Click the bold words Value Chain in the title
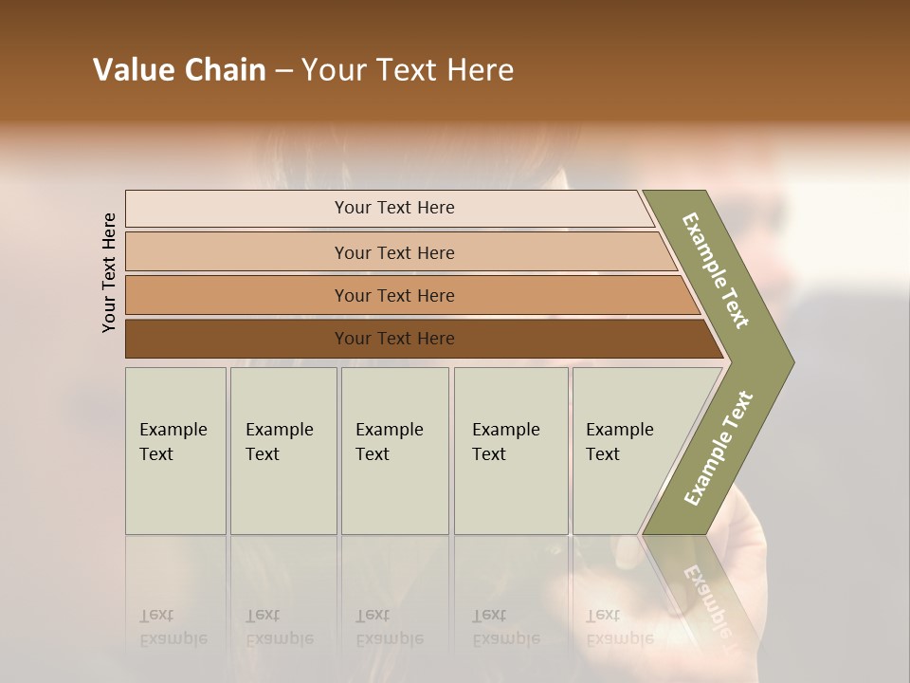coord(179,70)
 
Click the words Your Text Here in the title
coord(408,70)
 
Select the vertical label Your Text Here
coord(109,272)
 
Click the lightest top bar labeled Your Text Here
coord(393,208)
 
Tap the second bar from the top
coord(393,252)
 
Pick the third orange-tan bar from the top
coord(393,295)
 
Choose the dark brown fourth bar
coord(393,339)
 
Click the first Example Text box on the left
coord(175,451)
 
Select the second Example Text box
coord(282,451)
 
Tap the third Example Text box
coord(394,451)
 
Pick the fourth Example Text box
coord(510,451)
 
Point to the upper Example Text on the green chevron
coord(716,270)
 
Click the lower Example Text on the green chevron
coord(718,448)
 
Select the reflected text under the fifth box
coord(618,627)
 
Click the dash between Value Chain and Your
coord(283,70)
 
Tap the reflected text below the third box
coord(388,627)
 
